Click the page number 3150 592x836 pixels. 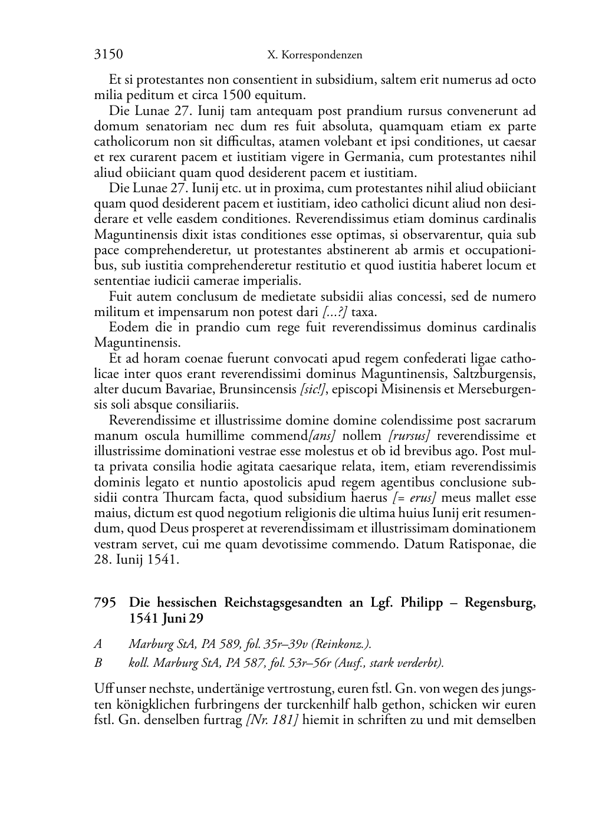108,55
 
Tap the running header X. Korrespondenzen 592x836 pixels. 314,55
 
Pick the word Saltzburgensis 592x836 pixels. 494,374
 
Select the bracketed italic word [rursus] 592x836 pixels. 409,436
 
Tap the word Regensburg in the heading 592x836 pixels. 499,603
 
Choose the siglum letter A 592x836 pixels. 98,644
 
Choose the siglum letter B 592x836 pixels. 98,663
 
